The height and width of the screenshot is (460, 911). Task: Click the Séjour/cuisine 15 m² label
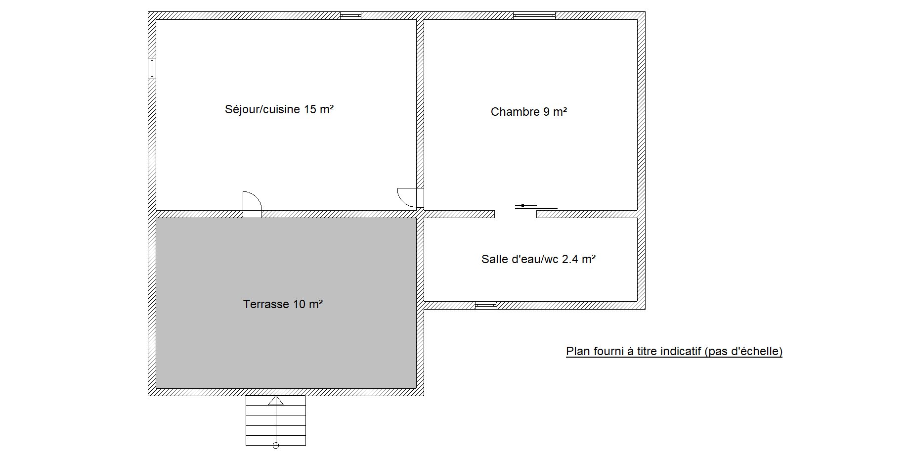pyautogui.click(x=279, y=109)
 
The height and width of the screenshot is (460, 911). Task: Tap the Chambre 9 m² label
pyautogui.click(x=528, y=112)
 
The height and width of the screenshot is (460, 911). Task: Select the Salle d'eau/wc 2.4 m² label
pyautogui.click(x=538, y=259)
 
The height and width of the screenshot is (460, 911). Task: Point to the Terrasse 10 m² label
pyautogui.click(x=283, y=304)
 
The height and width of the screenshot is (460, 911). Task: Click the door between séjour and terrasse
pyautogui.click(x=252, y=204)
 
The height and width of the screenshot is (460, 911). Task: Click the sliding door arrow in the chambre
pyautogui.click(x=526, y=205)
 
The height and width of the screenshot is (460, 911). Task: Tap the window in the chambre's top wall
pyautogui.click(x=534, y=16)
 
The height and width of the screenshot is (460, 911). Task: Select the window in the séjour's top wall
pyautogui.click(x=350, y=16)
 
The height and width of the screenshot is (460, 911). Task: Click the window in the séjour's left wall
pyautogui.click(x=152, y=68)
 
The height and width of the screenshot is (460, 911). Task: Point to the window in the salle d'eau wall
pyautogui.click(x=485, y=305)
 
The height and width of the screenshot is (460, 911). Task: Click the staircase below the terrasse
pyautogui.click(x=276, y=420)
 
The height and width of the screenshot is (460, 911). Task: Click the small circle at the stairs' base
pyautogui.click(x=276, y=446)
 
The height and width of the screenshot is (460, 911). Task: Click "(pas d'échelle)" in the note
pyautogui.click(x=744, y=352)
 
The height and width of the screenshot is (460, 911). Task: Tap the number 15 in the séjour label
pyautogui.click(x=310, y=109)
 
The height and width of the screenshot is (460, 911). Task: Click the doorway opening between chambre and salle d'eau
pyautogui.click(x=516, y=214)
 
